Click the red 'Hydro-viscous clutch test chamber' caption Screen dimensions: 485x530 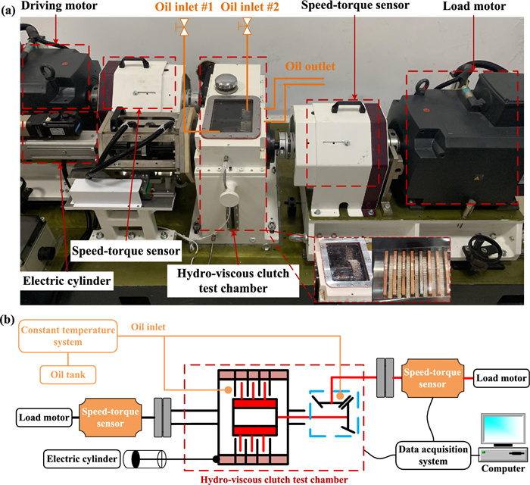(281, 477)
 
